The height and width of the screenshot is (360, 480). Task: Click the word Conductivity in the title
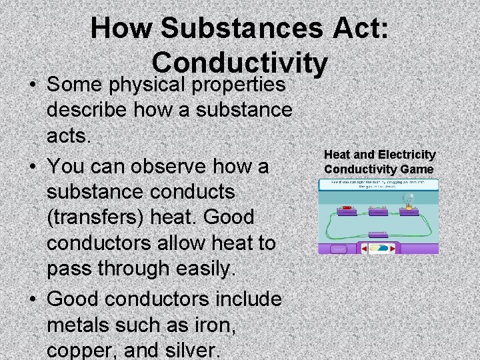pyautogui.click(x=240, y=63)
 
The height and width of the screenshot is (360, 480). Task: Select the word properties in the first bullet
pyautogui.click(x=239, y=85)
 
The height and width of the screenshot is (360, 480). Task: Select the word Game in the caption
pyautogui.click(x=419, y=169)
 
